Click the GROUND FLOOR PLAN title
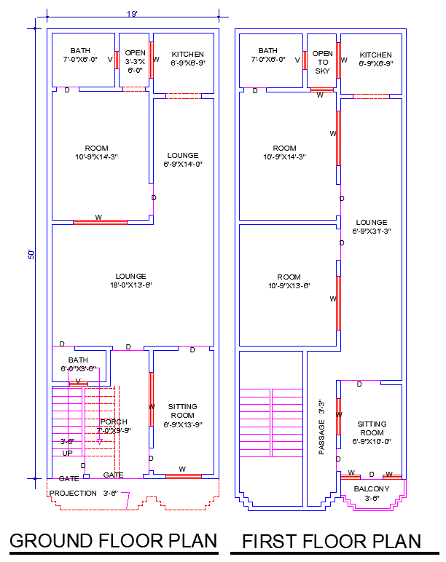(x=113, y=541)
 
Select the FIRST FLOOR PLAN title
(x=332, y=541)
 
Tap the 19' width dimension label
(x=132, y=14)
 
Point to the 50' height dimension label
(x=31, y=254)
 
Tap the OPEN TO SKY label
(x=322, y=62)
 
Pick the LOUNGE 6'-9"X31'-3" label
(x=372, y=226)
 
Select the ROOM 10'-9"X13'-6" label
(x=289, y=281)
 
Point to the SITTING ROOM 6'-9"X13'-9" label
(x=182, y=415)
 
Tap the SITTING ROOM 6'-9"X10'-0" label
(x=372, y=432)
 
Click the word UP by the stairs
(x=68, y=453)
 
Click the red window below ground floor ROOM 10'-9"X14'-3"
(x=100, y=221)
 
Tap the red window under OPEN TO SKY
(x=321, y=90)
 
